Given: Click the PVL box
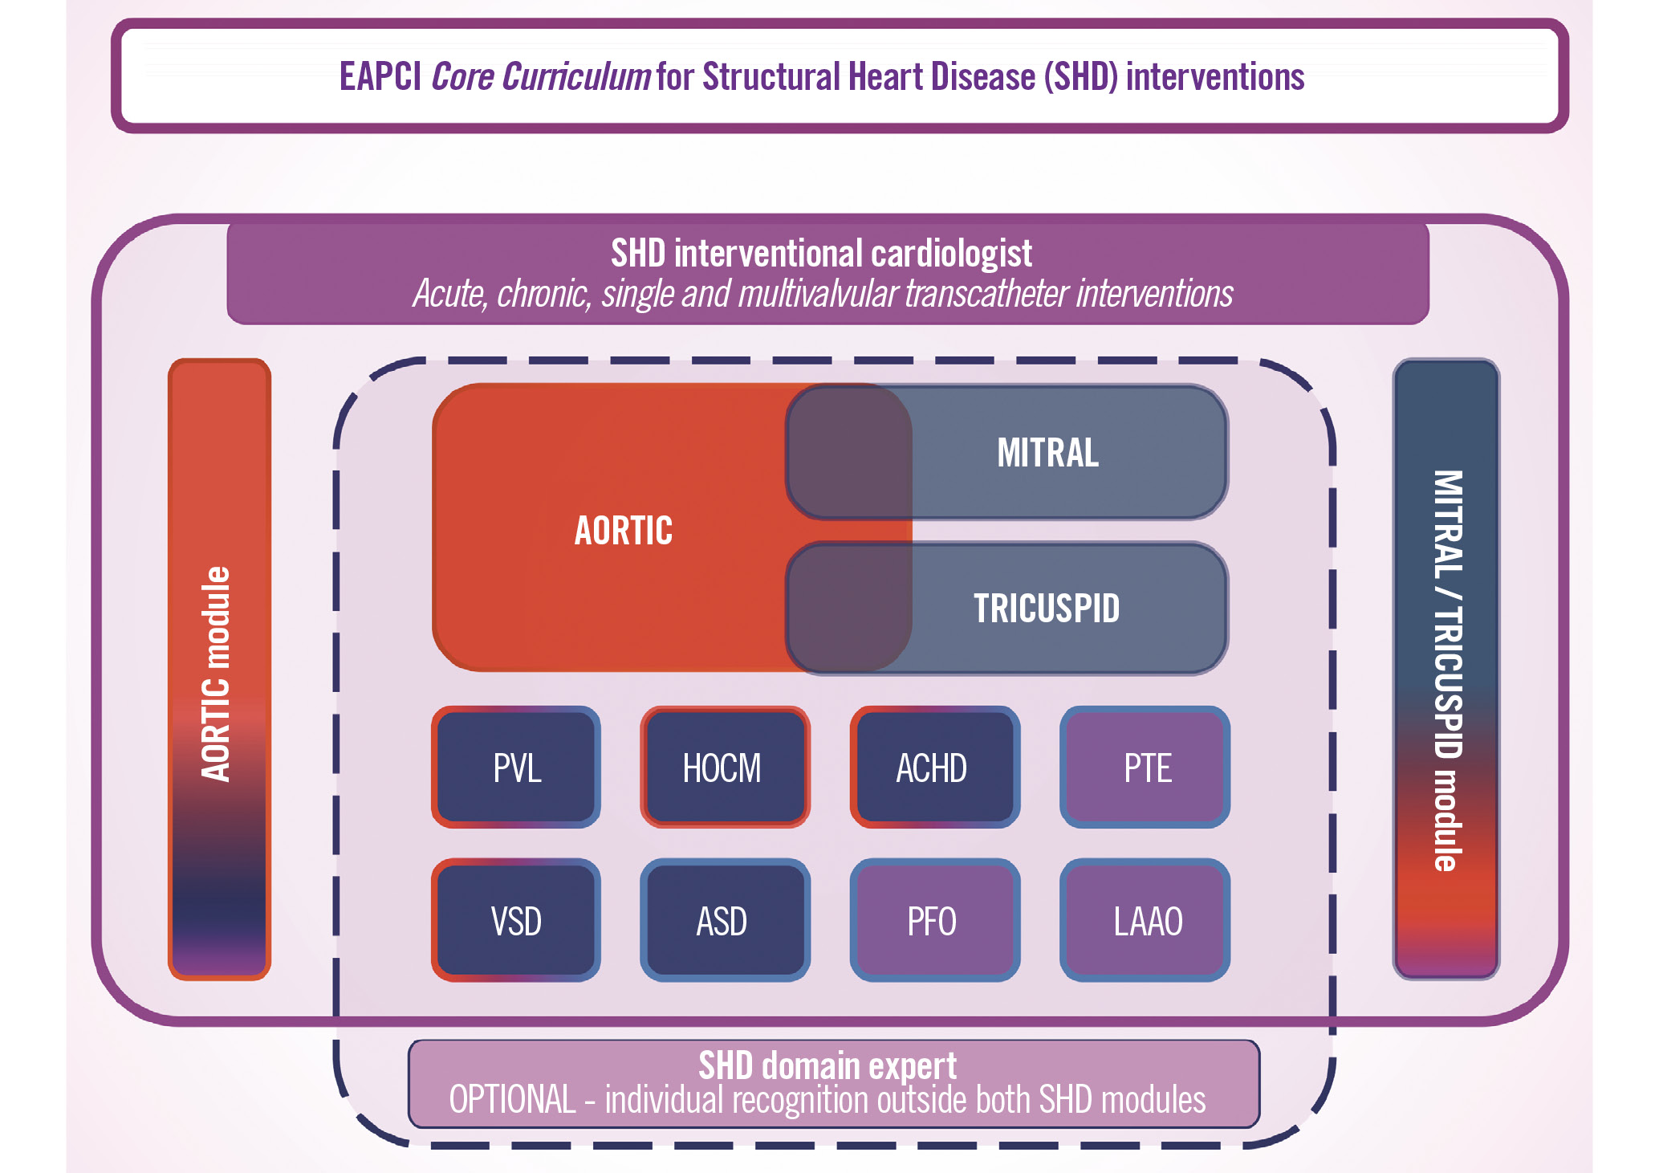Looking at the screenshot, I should tap(516, 768).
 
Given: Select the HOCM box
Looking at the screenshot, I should tap(724, 768).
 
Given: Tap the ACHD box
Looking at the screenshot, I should tap(933, 768).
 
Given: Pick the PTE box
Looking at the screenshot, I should tap(1145, 768).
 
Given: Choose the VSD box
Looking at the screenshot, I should tap(516, 920).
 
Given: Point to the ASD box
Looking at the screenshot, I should tap(724, 920).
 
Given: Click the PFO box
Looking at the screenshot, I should tap(933, 920).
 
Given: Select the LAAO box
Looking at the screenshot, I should tap(1145, 920).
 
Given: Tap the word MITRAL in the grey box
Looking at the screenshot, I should tap(1047, 453).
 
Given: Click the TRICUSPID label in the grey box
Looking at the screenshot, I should tap(1046, 609).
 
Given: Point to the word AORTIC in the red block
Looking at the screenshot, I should tap(624, 531).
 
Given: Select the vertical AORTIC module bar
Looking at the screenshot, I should tap(218, 670).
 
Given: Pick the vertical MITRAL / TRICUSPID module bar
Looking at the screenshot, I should tap(1446, 670).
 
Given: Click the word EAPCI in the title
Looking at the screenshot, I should tap(380, 77).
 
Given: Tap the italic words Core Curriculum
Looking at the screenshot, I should tap(540, 77).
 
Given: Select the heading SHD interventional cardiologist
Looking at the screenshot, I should tap(821, 254).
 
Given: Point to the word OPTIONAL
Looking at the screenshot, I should tap(512, 1100).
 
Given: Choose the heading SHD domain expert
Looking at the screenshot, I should tap(827, 1065).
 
